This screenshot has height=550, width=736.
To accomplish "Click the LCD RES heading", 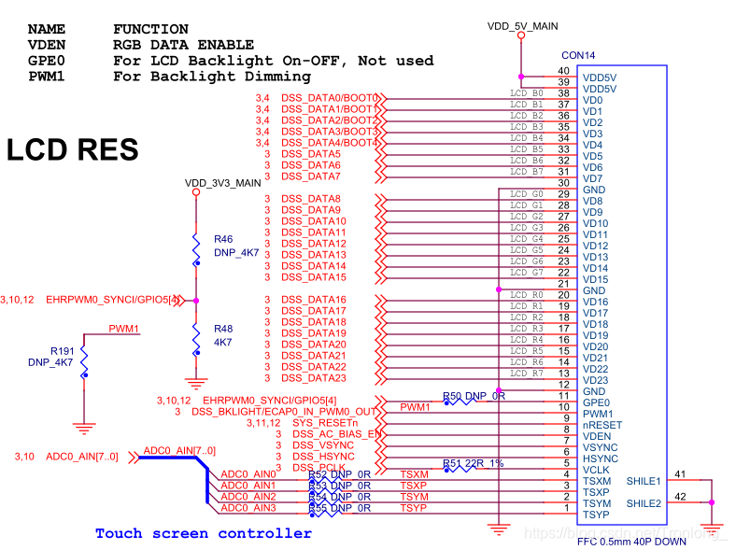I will [x=73, y=150].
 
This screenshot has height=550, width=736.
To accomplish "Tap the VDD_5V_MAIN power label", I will [x=522, y=26].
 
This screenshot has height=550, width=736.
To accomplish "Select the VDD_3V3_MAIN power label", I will [x=222, y=183].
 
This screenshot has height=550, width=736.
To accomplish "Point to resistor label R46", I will [x=223, y=239].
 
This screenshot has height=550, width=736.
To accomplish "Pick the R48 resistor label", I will [x=223, y=329].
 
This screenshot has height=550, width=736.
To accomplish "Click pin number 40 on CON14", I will [x=562, y=71].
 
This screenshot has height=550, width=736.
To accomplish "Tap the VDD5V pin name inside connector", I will [x=600, y=77].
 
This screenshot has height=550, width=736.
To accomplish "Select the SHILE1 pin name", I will [x=644, y=481].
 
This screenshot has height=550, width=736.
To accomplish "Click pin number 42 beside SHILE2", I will [x=680, y=497].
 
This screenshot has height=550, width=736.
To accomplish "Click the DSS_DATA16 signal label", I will [x=314, y=300].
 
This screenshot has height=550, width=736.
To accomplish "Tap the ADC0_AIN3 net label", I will [x=248, y=508].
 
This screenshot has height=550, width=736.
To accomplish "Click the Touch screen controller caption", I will [x=204, y=533].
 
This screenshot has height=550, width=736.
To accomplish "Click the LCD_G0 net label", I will [x=526, y=193].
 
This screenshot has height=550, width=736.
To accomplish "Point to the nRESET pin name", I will [x=602, y=424].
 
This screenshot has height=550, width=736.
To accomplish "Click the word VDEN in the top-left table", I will [x=47, y=45].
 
